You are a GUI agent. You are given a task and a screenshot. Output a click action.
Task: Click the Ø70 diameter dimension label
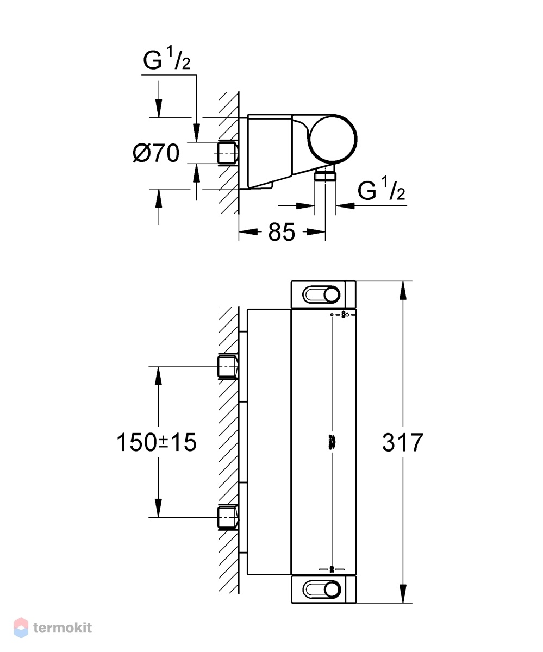[156, 153]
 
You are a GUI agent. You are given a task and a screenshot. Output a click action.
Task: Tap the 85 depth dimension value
[281, 232]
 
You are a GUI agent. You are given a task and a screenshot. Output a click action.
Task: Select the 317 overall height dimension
[402, 442]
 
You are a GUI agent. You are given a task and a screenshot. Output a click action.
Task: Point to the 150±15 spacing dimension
[156, 442]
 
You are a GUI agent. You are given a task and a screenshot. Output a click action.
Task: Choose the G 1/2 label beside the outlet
[381, 188]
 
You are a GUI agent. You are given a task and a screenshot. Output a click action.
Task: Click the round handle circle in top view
[333, 139]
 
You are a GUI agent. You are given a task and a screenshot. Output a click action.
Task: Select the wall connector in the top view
[227, 153]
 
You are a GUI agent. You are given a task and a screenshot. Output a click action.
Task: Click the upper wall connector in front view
[227, 367]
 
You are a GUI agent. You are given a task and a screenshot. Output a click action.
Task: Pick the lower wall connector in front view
[227, 517]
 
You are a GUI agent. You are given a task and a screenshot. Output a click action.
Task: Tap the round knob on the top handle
[332, 294]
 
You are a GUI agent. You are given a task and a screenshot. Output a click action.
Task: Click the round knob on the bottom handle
[332, 590]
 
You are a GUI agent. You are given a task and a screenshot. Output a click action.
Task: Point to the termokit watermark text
[63, 628]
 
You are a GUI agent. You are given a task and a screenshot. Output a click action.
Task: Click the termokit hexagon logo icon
[21, 628]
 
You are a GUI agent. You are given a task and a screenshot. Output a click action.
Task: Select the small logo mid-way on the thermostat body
[332, 442]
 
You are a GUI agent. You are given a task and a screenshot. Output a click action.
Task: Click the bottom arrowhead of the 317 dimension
[403, 593]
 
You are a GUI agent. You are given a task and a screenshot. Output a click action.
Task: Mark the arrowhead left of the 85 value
[249, 232]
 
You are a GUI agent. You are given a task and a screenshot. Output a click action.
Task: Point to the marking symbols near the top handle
[344, 315]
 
